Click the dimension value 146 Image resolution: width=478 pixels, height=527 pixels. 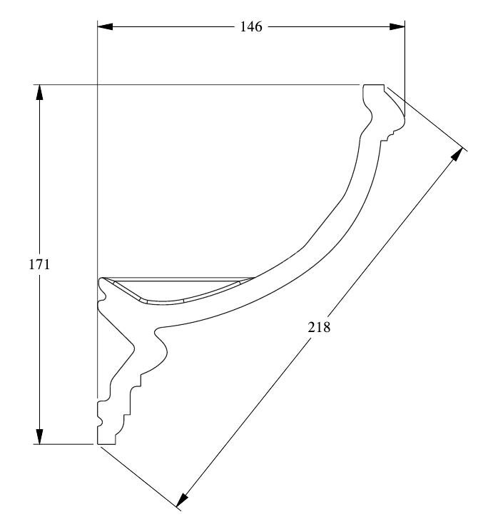[x=250, y=26]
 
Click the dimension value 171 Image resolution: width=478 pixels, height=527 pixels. [x=39, y=264]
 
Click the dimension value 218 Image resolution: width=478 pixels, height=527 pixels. [x=319, y=326]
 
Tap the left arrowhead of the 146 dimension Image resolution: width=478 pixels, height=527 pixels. [x=105, y=26]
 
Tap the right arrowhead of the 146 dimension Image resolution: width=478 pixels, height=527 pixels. [x=397, y=26]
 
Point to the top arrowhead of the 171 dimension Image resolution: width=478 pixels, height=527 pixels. [x=40, y=92]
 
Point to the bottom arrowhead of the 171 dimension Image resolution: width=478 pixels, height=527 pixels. [x=40, y=436]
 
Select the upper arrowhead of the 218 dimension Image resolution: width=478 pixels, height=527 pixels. [x=457, y=155]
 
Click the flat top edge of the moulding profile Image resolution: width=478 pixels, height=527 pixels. [x=374, y=85]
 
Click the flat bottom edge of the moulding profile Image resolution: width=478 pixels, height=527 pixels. [x=106, y=444]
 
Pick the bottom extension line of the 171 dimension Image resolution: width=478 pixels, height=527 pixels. [x=63, y=444]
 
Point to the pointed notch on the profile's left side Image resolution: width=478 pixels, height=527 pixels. [x=133, y=348]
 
